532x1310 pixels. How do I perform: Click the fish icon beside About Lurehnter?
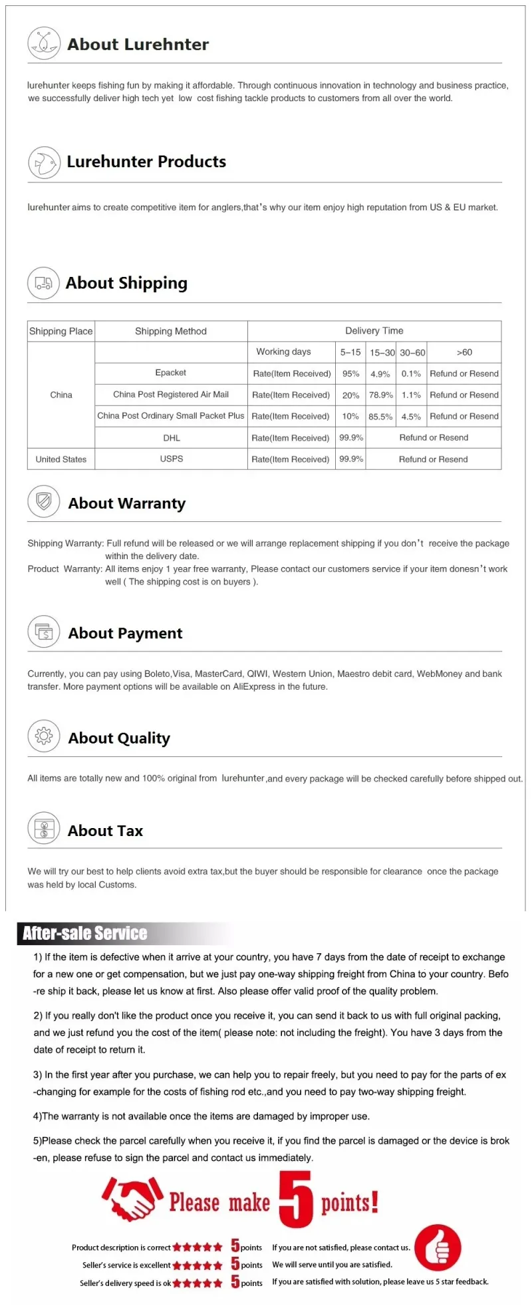(x=44, y=44)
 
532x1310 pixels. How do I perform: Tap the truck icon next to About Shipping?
(x=43, y=283)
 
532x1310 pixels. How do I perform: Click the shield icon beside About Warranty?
(x=44, y=501)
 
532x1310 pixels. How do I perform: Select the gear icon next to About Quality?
(x=44, y=736)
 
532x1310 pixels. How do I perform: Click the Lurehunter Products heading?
(x=146, y=162)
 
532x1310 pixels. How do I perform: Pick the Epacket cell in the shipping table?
(x=171, y=373)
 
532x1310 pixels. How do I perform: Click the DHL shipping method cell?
(x=172, y=438)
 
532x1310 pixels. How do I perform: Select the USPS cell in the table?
(x=172, y=459)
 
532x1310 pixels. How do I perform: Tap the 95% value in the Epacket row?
(x=350, y=374)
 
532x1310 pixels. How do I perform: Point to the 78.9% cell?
(x=381, y=395)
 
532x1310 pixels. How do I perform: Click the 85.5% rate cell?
(x=380, y=417)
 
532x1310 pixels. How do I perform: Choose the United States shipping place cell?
(x=61, y=459)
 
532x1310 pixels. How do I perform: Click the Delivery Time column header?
(x=374, y=331)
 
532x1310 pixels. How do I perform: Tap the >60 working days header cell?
(x=464, y=352)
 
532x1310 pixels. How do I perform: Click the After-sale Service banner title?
(x=85, y=933)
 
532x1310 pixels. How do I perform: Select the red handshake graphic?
(x=132, y=1199)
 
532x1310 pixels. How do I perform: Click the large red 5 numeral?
(x=295, y=1199)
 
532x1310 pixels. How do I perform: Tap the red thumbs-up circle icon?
(x=438, y=1247)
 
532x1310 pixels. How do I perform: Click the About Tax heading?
(x=105, y=831)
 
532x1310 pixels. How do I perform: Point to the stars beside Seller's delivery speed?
(x=198, y=1283)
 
